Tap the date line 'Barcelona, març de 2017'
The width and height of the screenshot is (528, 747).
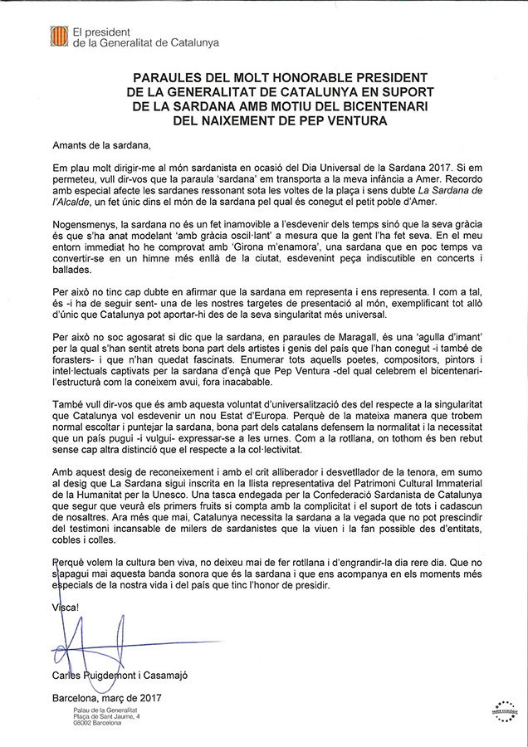[111, 700]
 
